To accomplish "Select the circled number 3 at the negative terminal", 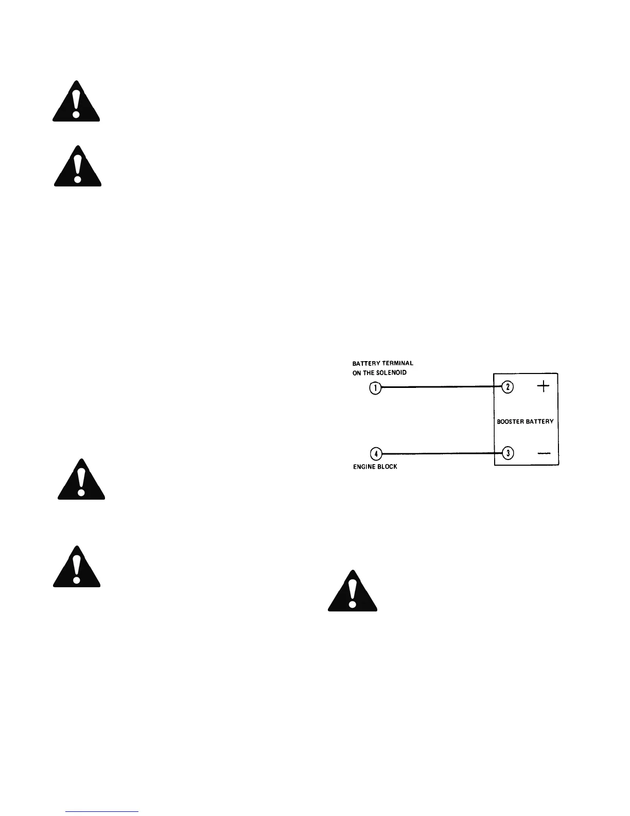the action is (507, 453).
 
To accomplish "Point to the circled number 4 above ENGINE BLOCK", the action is (376, 454).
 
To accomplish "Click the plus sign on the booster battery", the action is (543, 387).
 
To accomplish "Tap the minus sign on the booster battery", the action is (544, 453).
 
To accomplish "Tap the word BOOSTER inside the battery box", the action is (510, 421).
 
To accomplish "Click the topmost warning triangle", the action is (76, 103).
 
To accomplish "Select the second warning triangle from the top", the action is (78, 167).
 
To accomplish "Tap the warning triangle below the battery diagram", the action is (353, 592).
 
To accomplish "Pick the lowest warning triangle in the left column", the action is (77, 567).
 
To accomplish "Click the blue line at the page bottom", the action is (102, 811).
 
